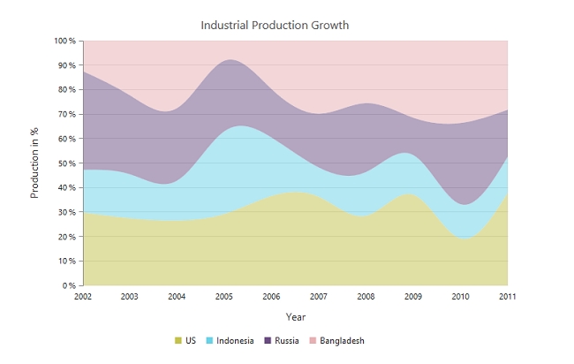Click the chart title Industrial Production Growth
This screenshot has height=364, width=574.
pyautogui.click(x=275, y=25)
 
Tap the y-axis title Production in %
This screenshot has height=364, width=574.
pyautogui.click(x=34, y=162)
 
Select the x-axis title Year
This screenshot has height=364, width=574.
pyautogui.click(x=296, y=316)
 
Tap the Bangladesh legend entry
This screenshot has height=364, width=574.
pyautogui.click(x=342, y=340)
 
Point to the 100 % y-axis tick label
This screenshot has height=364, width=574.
pyautogui.click(x=64, y=41)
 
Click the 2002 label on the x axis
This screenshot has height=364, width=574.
pyautogui.click(x=82, y=297)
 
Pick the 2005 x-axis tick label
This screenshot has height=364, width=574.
pyautogui.click(x=223, y=297)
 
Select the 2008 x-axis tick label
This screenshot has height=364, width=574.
pyautogui.click(x=366, y=297)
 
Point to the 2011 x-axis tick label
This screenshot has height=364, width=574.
pyautogui.click(x=507, y=297)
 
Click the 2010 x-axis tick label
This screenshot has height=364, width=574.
pyautogui.click(x=460, y=297)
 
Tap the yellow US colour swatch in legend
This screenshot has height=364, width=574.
pyautogui.click(x=177, y=340)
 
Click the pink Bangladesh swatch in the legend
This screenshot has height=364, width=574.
pyautogui.click(x=313, y=340)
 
